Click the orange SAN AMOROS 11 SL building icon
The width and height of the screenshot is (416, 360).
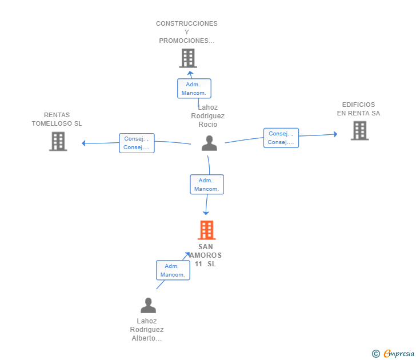click(207, 230)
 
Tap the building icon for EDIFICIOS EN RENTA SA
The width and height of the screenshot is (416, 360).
click(360, 130)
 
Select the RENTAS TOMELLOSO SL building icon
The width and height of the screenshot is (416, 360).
click(58, 141)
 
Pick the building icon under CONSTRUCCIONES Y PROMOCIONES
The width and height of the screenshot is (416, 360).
click(188, 58)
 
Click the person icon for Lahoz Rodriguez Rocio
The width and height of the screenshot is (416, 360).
click(209, 143)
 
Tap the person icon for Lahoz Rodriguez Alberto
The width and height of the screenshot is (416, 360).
click(149, 305)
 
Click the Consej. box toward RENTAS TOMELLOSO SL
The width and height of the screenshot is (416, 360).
click(137, 143)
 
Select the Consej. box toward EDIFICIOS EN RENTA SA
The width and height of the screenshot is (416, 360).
click(281, 138)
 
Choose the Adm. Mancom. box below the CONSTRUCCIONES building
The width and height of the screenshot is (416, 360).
click(194, 89)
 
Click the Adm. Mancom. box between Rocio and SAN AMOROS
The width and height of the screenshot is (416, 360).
click(207, 185)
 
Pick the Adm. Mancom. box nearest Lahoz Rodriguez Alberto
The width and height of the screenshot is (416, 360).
click(173, 270)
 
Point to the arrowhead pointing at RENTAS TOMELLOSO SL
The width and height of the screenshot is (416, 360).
click(83, 143)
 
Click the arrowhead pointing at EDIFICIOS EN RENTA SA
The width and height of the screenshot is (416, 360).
click(335, 134)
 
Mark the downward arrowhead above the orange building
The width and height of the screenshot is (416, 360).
click(206, 213)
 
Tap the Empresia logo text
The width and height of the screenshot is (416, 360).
click(399, 354)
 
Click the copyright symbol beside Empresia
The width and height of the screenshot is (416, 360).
click(376, 354)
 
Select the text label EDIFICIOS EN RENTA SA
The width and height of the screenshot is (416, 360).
click(358, 109)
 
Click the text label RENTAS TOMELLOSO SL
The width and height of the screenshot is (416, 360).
click(57, 119)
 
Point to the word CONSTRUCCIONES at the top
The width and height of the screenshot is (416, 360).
click(187, 23)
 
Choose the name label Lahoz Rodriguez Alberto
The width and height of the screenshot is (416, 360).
click(147, 330)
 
